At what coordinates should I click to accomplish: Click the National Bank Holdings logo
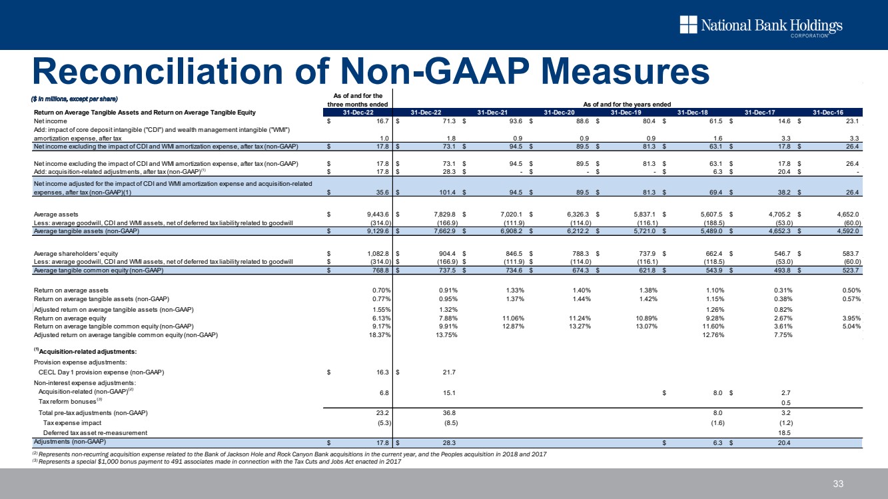[761, 26]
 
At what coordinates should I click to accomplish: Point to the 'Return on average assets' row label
[71, 290]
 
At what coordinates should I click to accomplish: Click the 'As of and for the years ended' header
[626, 104]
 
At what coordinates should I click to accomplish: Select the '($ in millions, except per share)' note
[75, 99]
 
